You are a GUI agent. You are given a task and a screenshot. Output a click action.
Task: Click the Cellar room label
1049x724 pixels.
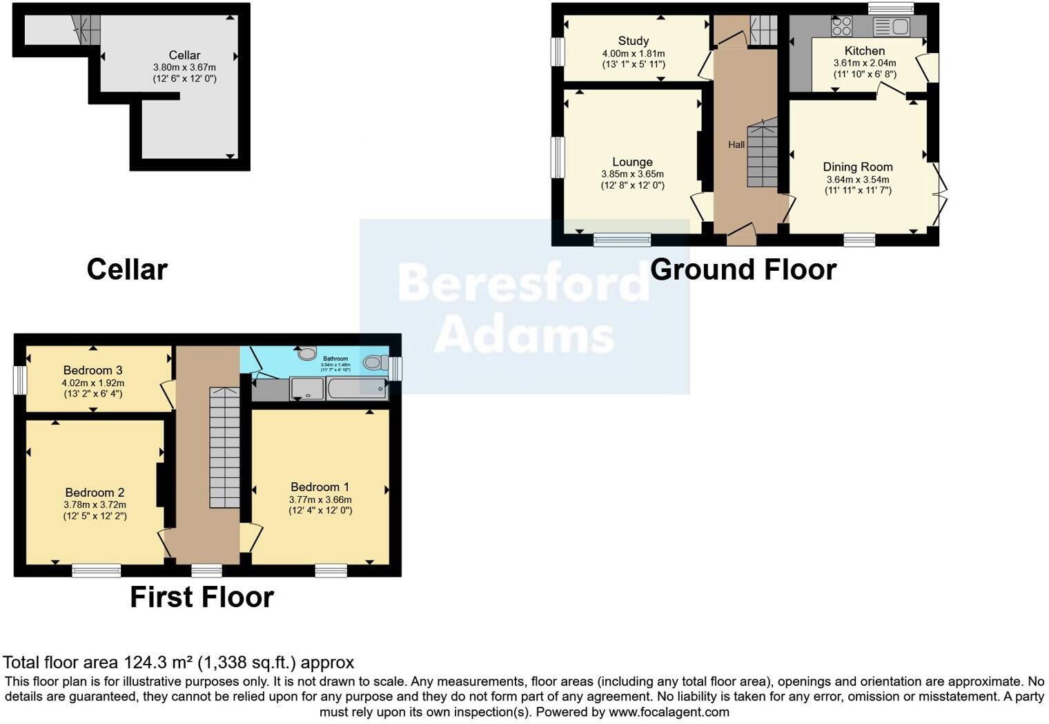pos(184,55)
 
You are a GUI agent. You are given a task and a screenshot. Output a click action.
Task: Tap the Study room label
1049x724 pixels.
pos(633,41)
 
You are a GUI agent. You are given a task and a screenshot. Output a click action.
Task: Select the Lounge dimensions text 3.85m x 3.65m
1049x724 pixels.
pos(632,174)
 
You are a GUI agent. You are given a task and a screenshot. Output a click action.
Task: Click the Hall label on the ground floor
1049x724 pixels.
pos(736,144)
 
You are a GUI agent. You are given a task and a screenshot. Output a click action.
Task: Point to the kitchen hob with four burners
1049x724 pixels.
pos(842,26)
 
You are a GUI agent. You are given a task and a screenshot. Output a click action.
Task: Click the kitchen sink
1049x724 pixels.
pos(892,27)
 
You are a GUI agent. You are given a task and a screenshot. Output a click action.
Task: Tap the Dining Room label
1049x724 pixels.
pos(858,166)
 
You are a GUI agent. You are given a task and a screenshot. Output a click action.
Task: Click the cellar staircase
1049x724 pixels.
pos(86,30)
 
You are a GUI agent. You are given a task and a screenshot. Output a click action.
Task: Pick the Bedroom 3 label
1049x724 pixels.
pos(92,370)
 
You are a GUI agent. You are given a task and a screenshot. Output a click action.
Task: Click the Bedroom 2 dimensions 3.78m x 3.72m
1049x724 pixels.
pos(95,505)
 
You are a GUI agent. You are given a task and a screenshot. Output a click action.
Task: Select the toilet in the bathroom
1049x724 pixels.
pos(375,361)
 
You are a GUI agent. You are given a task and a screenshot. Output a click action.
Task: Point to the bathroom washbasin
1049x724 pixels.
pos(307,353)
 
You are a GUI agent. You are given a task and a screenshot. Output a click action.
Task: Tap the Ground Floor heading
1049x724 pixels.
pos(743,269)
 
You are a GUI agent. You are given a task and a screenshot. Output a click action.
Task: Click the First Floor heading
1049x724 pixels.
pos(202,597)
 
